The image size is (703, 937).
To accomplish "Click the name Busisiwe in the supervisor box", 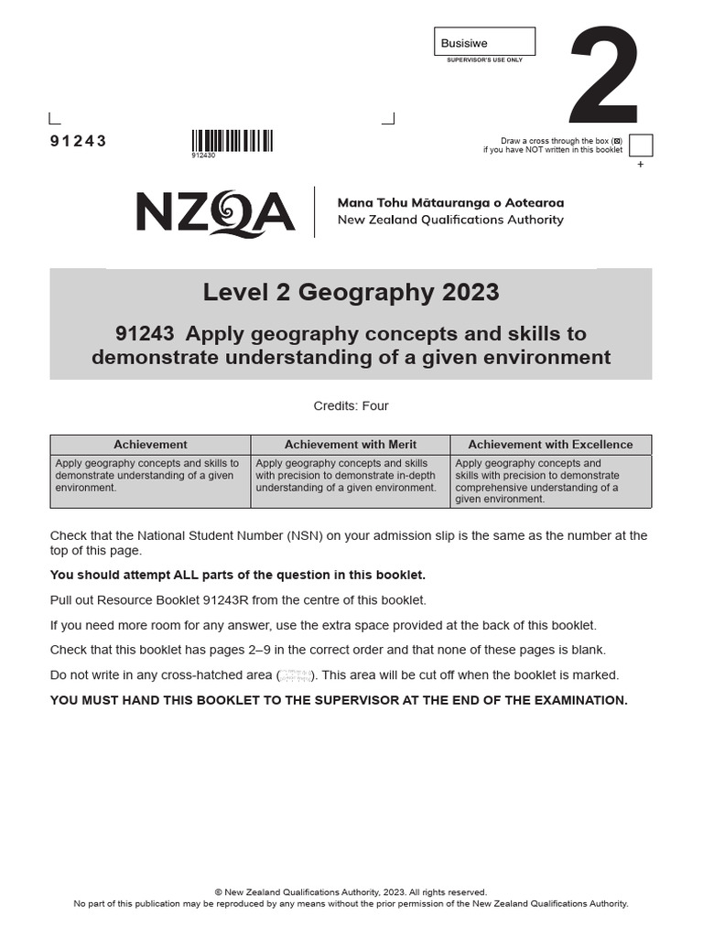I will pyautogui.click(x=464, y=43).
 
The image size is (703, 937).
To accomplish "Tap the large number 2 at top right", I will pyautogui.click(x=603, y=78).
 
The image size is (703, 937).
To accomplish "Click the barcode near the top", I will pyautogui.click(x=232, y=141).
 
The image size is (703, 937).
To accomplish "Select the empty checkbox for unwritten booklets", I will pyautogui.click(x=641, y=145).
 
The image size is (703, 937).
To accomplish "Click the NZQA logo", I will pyautogui.click(x=215, y=212).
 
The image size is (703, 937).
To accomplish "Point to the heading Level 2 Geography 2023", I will pyautogui.click(x=351, y=292).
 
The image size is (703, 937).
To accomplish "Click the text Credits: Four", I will pyautogui.click(x=351, y=405).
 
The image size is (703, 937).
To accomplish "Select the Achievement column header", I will pyautogui.click(x=150, y=445).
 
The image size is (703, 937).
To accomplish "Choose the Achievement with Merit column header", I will pyautogui.click(x=350, y=445).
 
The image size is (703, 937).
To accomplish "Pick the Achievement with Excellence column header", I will pyautogui.click(x=550, y=445).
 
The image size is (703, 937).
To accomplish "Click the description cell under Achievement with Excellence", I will pyautogui.click(x=550, y=481).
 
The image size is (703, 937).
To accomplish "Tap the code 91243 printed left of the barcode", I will pyautogui.click(x=78, y=141).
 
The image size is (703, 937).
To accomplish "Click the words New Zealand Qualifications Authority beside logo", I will pyautogui.click(x=450, y=220).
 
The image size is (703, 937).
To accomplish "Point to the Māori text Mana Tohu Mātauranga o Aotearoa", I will pyautogui.click(x=450, y=202).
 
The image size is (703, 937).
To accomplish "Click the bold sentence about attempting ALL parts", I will pyautogui.click(x=237, y=575).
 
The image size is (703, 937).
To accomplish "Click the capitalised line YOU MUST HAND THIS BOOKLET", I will pyautogui.click(x=339, y=700).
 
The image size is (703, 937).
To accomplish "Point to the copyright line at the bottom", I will pyautogui.click(x=351, y=892).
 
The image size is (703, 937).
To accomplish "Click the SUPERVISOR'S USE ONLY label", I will pyautogui.click(x=483, y=59).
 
